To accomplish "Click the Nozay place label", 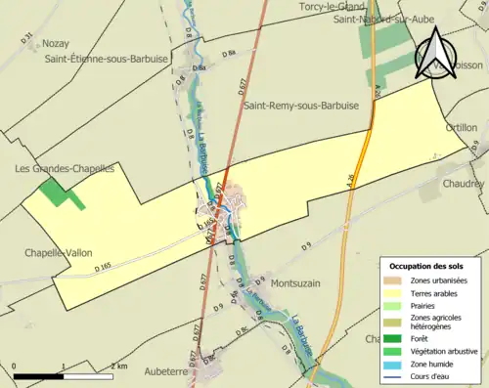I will pyautogui.click(x=57, y=44).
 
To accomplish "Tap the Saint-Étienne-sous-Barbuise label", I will pyautogui.click(x=106, y=60).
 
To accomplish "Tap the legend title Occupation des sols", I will pyautogui.click(x=428, y=266).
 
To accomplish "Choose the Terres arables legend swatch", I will pyautogui.click(x=396, y=292).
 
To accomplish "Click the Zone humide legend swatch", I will pyautogui.click(x=396, y=364).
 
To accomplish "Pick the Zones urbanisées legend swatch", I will pyautogui.click(x=396, y=280).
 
